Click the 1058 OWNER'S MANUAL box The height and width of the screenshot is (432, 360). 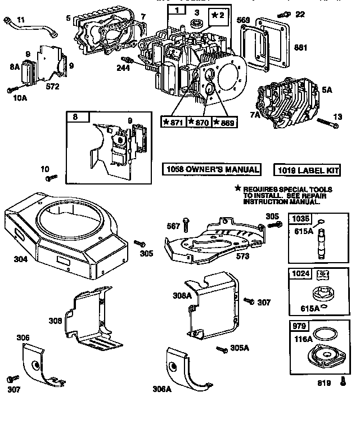[212, 169]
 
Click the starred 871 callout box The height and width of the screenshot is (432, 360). [173, 122]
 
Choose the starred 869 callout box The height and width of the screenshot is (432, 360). [223, 122]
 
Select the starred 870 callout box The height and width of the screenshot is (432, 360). [198, 122]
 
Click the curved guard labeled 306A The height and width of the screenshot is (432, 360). [189, 366]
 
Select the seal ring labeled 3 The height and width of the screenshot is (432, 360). [198, 24]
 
